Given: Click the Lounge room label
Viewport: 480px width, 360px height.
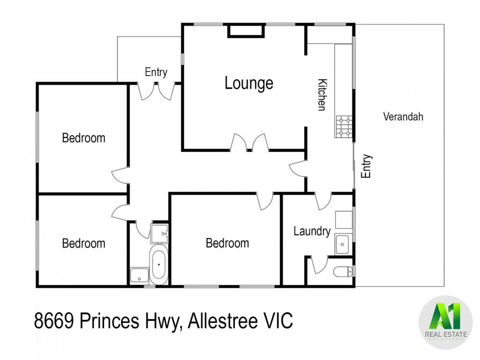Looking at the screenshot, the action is [249, 83].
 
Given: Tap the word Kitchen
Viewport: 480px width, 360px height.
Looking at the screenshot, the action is [322, 95].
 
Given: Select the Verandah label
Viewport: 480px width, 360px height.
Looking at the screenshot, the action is [403, 117].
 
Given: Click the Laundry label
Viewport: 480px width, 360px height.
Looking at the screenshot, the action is [312, 232].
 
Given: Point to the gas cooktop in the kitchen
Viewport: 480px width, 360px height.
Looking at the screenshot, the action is [344, 127].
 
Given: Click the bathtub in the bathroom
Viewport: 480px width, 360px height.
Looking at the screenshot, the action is [158, 264].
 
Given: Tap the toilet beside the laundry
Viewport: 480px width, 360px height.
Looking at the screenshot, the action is [343, 271].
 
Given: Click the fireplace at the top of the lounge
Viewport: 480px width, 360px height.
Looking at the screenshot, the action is [246, 31].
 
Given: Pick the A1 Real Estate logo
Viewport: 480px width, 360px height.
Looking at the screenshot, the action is [446, 322].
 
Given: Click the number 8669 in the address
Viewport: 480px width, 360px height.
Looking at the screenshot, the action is [53, 321].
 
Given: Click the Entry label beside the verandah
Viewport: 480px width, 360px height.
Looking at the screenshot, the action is [366, 166].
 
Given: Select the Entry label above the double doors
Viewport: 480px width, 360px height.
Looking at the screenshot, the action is [156, 72].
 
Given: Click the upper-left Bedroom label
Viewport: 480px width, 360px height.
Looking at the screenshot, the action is [83, 138].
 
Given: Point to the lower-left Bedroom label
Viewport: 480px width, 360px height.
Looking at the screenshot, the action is [83, 243].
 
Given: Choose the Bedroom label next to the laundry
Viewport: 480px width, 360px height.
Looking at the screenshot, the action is [227, 243].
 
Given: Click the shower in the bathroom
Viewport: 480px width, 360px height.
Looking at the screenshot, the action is [159, 233].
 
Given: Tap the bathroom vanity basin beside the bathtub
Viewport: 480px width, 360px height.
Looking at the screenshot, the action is [139, 275].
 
